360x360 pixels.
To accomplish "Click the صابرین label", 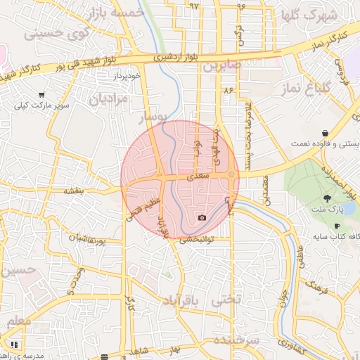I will [222, 66].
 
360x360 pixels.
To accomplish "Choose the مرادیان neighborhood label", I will [110, 100].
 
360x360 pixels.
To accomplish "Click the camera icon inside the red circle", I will [202, 217].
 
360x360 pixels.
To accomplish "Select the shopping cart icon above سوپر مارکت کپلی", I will [43, 94].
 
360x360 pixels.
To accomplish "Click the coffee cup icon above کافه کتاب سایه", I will [336, 226].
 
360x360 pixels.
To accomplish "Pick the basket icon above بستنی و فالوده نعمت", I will [325, 132].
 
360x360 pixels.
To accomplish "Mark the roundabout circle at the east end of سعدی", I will [231, 174].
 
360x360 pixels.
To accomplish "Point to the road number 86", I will [228, 91].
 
